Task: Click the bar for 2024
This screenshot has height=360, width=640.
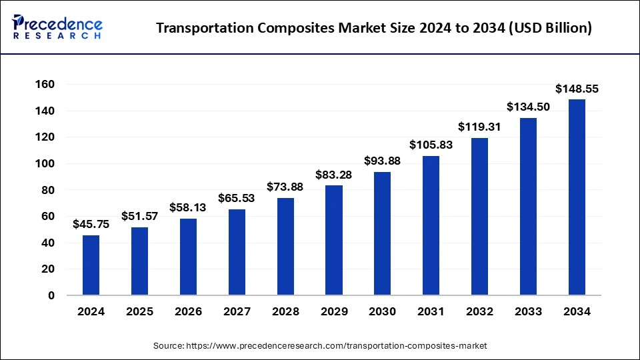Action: coord(91,265)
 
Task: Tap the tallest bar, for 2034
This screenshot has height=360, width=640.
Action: coord(577,197)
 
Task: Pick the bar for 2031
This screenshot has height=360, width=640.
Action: coord(431,225)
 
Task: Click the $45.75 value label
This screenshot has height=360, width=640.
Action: coord(91,225)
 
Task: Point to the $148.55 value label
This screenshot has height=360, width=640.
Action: coord(577,89)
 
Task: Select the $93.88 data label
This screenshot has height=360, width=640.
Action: coord(383,161)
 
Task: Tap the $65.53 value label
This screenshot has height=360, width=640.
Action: coord(237,198)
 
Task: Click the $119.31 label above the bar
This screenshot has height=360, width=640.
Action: coord(479,127)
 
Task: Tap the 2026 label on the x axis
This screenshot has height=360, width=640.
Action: coord(189,311)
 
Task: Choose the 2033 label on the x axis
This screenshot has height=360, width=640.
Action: coord(528,311)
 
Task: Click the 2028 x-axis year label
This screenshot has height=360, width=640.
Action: coord(285,311)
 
